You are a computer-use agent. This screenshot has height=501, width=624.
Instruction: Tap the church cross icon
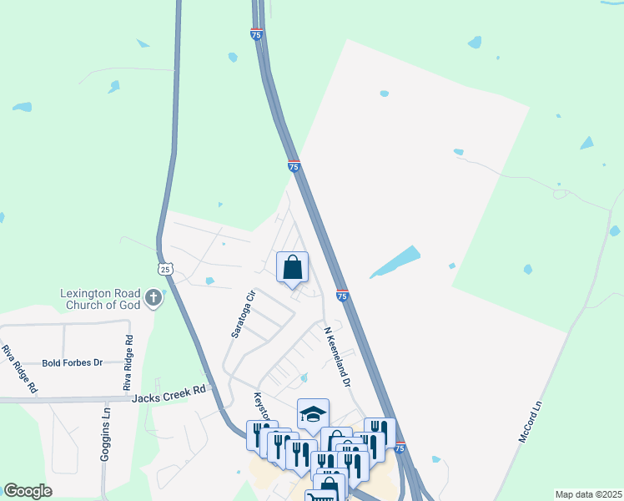153,297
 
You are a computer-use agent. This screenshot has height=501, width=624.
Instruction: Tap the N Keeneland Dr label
339,355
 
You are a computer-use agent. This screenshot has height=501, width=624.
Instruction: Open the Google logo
28,491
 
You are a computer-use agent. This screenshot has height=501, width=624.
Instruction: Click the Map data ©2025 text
589,494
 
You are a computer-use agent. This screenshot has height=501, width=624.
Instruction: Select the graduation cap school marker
313,413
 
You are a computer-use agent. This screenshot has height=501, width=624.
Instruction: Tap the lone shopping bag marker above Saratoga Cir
292,267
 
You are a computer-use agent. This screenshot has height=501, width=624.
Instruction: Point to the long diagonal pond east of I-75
395,261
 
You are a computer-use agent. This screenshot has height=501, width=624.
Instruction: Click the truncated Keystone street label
261,406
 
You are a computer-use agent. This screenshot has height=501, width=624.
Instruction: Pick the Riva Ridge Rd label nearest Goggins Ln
128,363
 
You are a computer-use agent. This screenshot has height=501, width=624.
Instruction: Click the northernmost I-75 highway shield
256,35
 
